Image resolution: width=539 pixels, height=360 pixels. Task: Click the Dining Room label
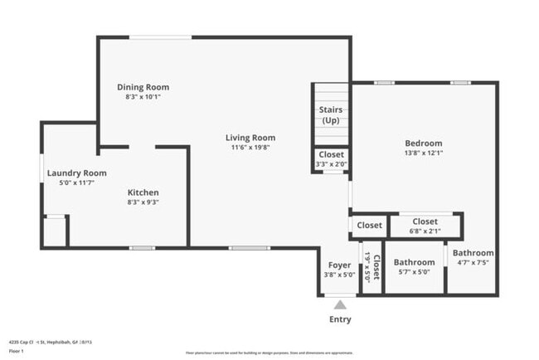point(143,87)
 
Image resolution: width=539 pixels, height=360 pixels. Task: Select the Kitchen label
point(143,192)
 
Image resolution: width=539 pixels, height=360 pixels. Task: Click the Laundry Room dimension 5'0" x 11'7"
point(70,182)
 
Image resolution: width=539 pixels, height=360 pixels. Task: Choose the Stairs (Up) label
point(331,115)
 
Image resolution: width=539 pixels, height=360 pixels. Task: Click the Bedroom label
point(423,143)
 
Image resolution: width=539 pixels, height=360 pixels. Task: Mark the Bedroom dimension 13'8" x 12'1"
point(423,153)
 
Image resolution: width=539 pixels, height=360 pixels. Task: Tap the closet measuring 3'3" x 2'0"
point(331,158)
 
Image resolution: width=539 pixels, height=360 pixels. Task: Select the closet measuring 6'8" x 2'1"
point(425,226)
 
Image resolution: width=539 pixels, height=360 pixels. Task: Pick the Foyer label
point(339,265)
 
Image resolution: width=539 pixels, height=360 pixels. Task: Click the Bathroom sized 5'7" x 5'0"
point(414,266)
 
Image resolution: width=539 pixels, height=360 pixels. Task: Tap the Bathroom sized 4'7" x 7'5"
point(473,257)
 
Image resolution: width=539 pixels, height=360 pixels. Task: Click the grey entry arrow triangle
point(340,305)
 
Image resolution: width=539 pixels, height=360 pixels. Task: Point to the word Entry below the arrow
point(340,319)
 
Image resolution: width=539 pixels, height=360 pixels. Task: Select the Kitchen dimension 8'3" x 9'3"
point(143,202)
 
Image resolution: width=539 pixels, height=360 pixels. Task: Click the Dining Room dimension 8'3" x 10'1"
point(143,97)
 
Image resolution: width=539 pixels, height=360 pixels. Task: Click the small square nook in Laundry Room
point(55,231)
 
